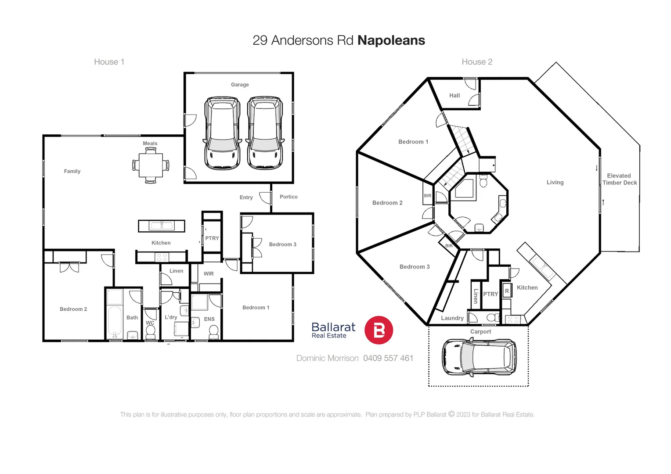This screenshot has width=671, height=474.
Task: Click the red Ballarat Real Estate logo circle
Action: point(379,330)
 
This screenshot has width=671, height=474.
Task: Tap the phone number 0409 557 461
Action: point(388,358)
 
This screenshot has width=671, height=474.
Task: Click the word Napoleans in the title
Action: point(391,40)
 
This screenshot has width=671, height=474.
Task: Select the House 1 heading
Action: point(109,62)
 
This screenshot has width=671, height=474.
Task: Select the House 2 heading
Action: point(477,62)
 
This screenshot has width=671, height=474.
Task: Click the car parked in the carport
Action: point(479,357)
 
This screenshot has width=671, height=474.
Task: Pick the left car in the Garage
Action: point(222,133)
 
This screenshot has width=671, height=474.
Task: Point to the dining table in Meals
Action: point(151,165)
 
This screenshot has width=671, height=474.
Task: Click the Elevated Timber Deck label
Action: point(619,179)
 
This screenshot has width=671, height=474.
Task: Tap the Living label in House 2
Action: point(555,182)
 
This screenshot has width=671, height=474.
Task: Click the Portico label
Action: point(289,197)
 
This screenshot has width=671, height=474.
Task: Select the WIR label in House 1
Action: point(209,273)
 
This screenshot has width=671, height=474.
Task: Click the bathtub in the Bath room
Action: point(115,322)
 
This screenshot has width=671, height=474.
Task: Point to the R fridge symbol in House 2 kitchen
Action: point(507,291)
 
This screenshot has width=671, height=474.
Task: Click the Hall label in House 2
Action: point(455,95)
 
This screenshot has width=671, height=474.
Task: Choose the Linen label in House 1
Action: point(176,271)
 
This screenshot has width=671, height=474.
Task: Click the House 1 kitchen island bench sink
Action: point(162,226)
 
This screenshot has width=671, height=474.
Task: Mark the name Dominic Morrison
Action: point(327,358)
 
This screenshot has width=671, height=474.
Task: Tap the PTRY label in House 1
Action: point(212,238)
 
